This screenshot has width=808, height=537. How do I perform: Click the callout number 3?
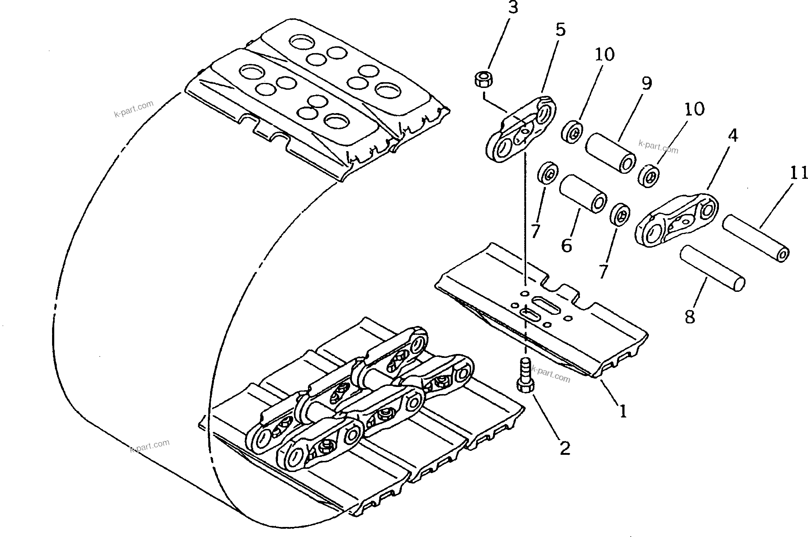click(x=512, y=8)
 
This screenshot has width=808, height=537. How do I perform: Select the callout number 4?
click(x=733, y=136)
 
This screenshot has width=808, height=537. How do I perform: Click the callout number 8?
click(x=689, y=317)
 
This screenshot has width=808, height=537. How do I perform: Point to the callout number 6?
click(x=566, y=246)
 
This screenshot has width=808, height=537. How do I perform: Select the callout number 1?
click(x=622, y=411)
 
